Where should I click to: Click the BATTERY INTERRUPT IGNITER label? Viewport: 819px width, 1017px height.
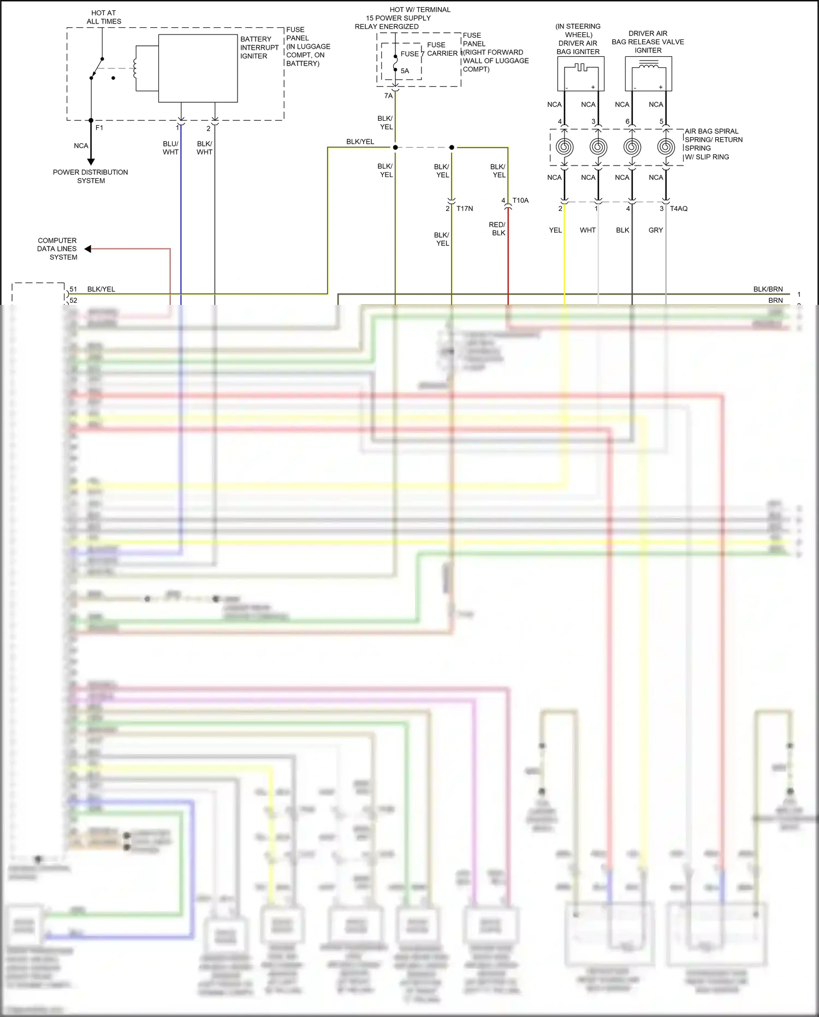click(259, 48)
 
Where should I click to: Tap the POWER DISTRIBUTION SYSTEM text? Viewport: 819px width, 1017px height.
click(91, 176)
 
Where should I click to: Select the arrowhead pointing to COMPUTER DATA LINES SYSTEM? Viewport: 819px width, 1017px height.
click(88, 249)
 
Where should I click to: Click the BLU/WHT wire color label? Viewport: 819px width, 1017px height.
click(170, 148)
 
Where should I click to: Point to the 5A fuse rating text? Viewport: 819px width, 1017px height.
click(405, 71)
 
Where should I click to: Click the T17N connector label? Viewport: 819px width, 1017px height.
click(465, 209)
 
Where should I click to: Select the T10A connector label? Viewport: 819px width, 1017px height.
click(520, 201)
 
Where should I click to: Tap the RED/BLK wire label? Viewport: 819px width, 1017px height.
click(497, 229)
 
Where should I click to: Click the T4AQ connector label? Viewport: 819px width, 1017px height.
click(679, 209)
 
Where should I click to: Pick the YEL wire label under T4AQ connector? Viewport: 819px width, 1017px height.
click(555, 230)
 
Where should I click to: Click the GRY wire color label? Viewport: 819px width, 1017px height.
click(656, 230)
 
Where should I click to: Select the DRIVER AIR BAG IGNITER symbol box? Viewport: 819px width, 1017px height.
click(581, 74)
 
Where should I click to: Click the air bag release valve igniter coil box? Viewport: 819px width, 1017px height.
click(648, 74)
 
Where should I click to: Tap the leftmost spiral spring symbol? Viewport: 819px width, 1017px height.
click(565, 147)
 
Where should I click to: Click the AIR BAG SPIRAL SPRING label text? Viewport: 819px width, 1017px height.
click(713, 144)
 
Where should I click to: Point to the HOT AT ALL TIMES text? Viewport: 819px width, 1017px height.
click(104, 17)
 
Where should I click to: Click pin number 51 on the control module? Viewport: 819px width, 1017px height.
click(73, 289)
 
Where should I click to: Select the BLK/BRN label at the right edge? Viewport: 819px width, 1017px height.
click(768, 289)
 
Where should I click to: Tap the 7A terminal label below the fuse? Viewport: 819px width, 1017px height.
click(388, 96)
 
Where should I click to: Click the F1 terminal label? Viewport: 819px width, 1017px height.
click(99, 128)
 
